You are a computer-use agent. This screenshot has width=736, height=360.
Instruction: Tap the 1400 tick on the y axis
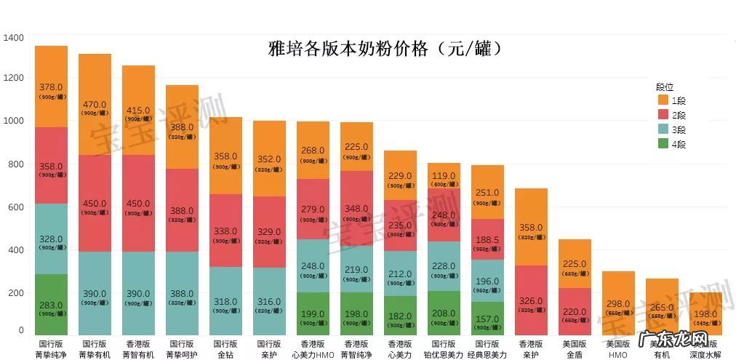pyautogui.click(x=15, y=37)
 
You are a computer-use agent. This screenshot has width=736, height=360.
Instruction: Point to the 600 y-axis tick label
pyautogui.click(x=17, y=207)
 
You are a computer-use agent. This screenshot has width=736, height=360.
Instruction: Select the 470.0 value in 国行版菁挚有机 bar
pyautogui.click(x=95, y=104)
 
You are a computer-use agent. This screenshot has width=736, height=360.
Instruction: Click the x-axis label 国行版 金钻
pyautogui.click(x=225, y=348)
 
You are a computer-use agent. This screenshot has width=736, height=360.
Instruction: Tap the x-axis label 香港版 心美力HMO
pyautogui.click(x=313, y=348)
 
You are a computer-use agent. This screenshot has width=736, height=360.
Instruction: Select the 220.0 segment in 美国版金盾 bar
pyautogui.click(x=575, y=308)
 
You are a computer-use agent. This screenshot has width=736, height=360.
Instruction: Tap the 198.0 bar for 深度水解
pyautogui.click(x=704, y=313)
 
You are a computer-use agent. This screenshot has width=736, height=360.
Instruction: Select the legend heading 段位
pyautogui.click(x=665, y=85)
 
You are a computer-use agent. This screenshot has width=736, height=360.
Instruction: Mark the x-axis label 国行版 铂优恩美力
pyautogui.click(x=444, y=348)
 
